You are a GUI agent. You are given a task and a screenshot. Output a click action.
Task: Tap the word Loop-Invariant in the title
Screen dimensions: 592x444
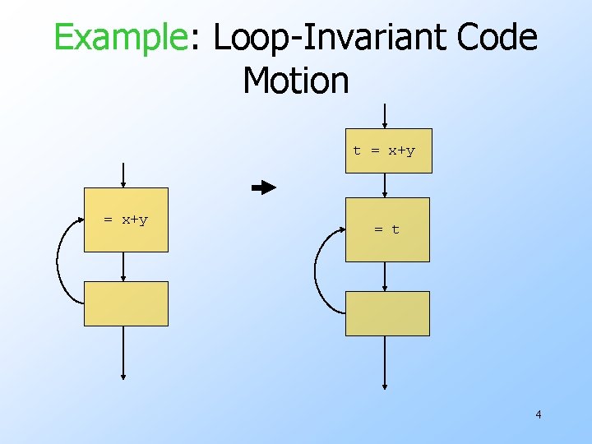[x=323, y=38]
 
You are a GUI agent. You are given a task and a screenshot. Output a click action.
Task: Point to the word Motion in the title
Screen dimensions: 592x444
[x=296, y=80]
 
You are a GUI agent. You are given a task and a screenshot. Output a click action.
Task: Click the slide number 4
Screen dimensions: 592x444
[x=538, y=414]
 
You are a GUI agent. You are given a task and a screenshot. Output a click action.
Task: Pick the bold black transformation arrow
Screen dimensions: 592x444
[x=264, y=187]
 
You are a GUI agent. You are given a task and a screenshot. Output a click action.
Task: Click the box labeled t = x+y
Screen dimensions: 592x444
[x=388, y=150]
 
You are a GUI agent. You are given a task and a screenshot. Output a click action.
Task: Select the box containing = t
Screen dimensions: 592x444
[x=387, y=229]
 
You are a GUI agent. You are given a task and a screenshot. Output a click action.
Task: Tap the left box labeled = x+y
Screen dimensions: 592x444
[x=126, y=220]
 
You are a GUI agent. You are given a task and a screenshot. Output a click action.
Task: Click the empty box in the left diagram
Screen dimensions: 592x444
[x=126, y=303]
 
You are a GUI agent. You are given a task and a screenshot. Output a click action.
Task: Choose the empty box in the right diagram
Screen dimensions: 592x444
[x=387, y=313]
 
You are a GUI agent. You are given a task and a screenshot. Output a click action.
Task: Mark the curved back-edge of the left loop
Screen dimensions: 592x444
[x=58, y=263]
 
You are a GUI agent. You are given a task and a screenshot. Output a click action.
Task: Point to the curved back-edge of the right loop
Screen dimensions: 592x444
[x=317, y=271]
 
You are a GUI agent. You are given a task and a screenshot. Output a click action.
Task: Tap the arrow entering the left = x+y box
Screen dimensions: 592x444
[x=123, y=175]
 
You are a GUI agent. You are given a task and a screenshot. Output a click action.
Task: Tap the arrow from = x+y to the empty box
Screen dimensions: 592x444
[x=123, y=266]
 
